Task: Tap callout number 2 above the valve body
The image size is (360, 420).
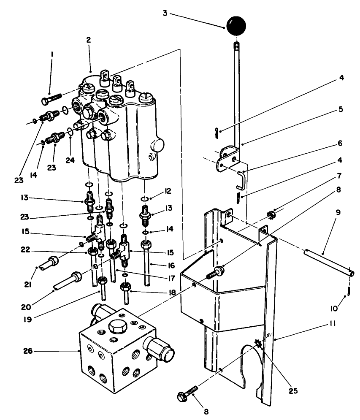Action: point(89,40)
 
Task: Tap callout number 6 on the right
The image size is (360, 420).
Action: point(340,144)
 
